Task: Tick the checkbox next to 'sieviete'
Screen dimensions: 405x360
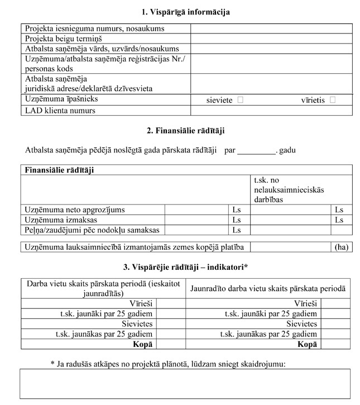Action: click(x=241, y=100)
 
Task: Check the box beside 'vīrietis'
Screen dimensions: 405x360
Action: click(x=333, y=100)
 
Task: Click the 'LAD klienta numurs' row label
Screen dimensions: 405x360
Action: click(x=60, y=111)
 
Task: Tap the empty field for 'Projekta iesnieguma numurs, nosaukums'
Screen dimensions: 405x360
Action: click(x=271, y=28)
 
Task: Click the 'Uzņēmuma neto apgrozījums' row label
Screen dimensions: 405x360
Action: click(x=75, y=209)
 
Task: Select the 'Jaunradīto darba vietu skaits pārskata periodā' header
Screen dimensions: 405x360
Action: click(x=268, y=288)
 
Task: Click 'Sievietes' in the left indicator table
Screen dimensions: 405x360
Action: click(x=137, y=324)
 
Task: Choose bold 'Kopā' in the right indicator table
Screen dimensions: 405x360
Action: click(x=308, y=344)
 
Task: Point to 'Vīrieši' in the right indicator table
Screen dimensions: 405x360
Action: click(x=306, y=304)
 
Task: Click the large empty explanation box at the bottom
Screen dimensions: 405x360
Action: click(x=185, y=383)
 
